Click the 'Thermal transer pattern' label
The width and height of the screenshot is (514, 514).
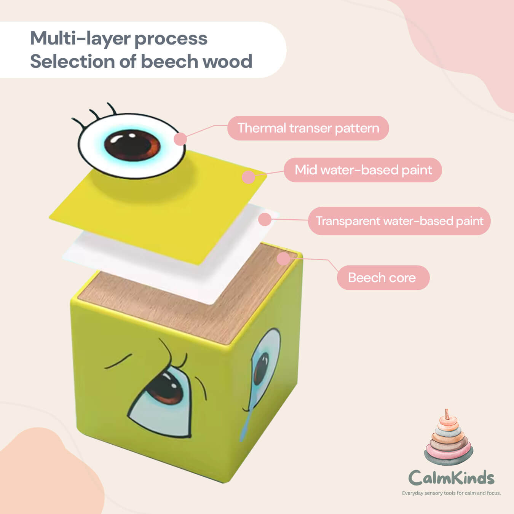point(308,128)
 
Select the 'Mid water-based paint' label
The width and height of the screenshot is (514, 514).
point(363,170)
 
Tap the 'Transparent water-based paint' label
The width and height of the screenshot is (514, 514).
point(399,221)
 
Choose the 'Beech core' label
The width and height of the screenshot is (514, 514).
point(382,278)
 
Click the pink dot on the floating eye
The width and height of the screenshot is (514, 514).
point(180,139)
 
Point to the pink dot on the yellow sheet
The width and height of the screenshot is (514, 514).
point(248,177)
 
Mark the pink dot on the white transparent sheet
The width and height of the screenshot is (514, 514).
point(265,219)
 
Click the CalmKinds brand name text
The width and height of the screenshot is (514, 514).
point(451,477)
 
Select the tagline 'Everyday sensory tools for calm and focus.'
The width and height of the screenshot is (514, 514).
point(451,493)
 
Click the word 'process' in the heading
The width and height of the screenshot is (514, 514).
point(171,38)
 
